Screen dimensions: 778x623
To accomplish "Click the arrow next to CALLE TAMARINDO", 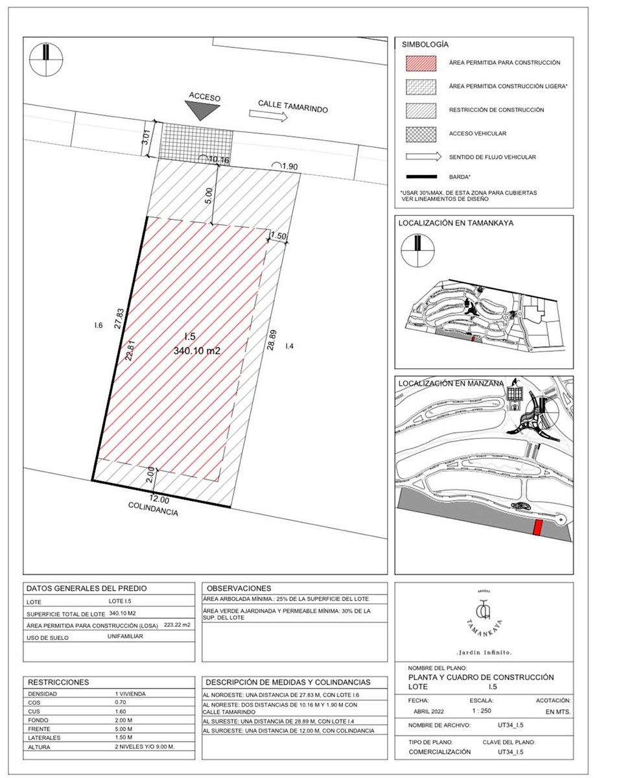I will coord(268,116).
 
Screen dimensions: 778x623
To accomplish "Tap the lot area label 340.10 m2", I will coord(197,351).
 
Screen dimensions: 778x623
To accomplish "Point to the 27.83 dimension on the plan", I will coord(119,318).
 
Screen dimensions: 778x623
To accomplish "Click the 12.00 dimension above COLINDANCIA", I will coord(159,499).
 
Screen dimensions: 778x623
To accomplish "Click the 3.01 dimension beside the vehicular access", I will coord(147,137).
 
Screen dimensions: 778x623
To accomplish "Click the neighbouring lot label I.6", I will coord(98,326).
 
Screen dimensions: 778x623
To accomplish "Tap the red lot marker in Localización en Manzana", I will coord(537,528).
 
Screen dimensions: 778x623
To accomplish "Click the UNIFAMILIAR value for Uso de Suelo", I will coord(125,637).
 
